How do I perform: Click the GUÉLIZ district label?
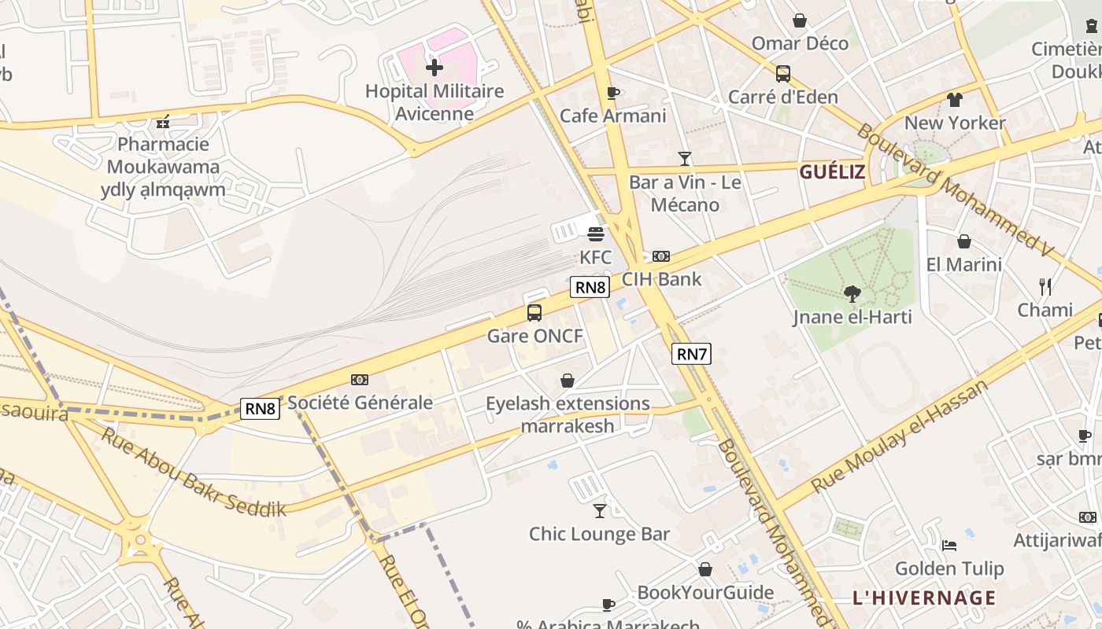[x=832, y=172]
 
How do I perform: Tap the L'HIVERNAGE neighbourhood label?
[x=924, y=598]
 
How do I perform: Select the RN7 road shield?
[x=691, y=354]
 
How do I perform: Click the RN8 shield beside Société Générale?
[x=260, y=408]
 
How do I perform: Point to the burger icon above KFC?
[x=596, y=234]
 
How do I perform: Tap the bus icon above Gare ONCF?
[x=534, y=313]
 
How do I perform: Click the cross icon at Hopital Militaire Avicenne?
[x=434, y=68]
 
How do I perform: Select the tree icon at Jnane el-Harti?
[x=852, y=294]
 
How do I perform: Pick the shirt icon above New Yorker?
[x=955, y=100]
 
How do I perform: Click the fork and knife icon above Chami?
[x=1045, y=286]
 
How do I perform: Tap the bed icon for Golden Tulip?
[x=949, y=545]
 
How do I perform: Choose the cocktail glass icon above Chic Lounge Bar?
[x=600, y=511]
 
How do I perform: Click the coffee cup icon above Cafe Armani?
[x=613, y=93]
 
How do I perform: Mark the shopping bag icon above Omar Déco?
[x=800, y=20]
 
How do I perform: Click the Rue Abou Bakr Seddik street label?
[x=193, y=472]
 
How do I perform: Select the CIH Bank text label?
[x=661, y=279]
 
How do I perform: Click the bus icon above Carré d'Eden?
[x=782, y=74]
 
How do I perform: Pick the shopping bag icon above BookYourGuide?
[x=705, y=569]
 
